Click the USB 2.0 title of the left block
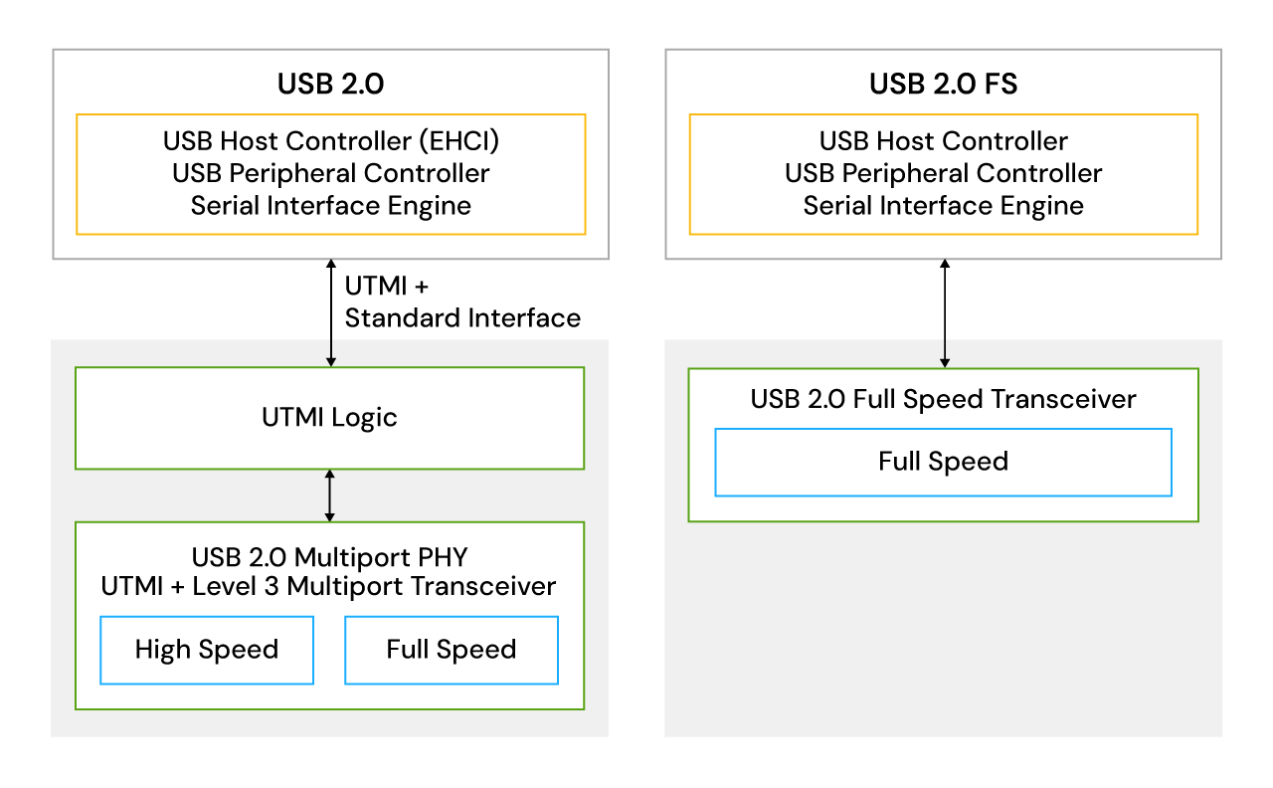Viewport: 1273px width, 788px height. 330,84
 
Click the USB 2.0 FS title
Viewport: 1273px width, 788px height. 943,84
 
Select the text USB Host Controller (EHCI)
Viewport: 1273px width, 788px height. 330,141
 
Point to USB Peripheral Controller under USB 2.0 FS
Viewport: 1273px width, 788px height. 943,173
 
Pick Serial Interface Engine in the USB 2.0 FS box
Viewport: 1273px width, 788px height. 943,206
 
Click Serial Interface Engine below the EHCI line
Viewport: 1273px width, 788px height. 330,206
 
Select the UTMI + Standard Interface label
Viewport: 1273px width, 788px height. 461,302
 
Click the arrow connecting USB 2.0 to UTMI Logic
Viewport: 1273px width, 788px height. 330,312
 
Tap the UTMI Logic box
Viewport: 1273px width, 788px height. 330,418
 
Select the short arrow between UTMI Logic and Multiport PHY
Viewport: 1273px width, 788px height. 330,495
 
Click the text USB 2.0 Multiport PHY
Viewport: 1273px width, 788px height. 329,554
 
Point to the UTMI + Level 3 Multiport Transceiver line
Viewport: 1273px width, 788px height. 329,586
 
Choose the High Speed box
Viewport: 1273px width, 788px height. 207,650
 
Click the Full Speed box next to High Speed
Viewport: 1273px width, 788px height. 452,650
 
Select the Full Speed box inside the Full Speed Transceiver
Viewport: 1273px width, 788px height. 943,462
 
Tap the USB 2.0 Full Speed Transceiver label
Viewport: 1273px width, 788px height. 943,399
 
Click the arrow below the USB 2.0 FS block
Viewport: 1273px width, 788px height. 944,313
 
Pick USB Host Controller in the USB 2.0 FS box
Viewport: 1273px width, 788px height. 943,141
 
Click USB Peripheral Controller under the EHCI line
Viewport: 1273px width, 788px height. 330,173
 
